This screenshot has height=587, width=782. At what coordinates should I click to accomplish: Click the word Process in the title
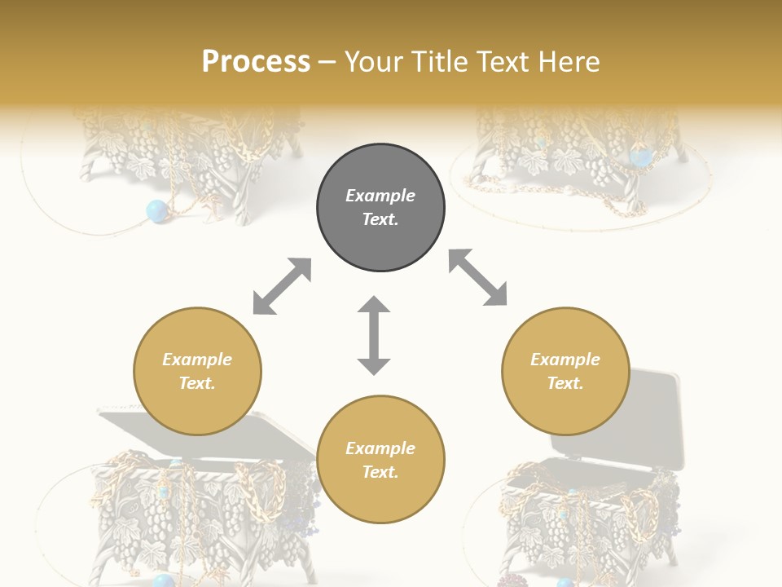point(256,62)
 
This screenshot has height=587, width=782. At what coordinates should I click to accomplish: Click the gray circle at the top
point(380,208)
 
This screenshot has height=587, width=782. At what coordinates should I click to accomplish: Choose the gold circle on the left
point(197,372)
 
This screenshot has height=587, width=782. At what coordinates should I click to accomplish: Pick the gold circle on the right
point(565,372)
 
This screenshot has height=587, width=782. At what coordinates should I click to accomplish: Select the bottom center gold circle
point(380,460)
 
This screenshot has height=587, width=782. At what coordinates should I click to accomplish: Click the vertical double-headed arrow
point(374,335)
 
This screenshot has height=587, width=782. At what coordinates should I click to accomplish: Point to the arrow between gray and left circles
point(282,286)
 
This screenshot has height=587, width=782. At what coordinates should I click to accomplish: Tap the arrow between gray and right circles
point(478,277)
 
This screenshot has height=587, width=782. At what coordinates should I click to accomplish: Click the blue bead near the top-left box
point(156,212)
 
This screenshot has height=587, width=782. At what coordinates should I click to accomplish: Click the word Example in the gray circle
point(380,196)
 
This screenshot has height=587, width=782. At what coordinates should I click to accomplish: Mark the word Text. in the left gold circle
point(197,383)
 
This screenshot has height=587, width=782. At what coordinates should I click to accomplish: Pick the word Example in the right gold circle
point(565,360)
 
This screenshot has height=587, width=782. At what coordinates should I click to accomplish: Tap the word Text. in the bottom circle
point(380,472)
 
